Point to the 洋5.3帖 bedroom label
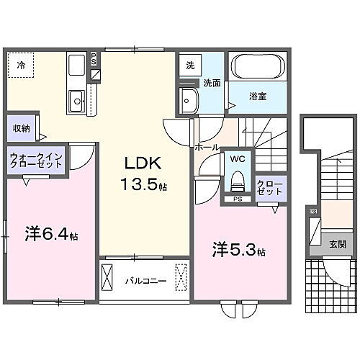coord(238,251)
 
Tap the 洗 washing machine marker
coord(190,65)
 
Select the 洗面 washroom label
coord(211,84)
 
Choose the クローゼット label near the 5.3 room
coord(270,189)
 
